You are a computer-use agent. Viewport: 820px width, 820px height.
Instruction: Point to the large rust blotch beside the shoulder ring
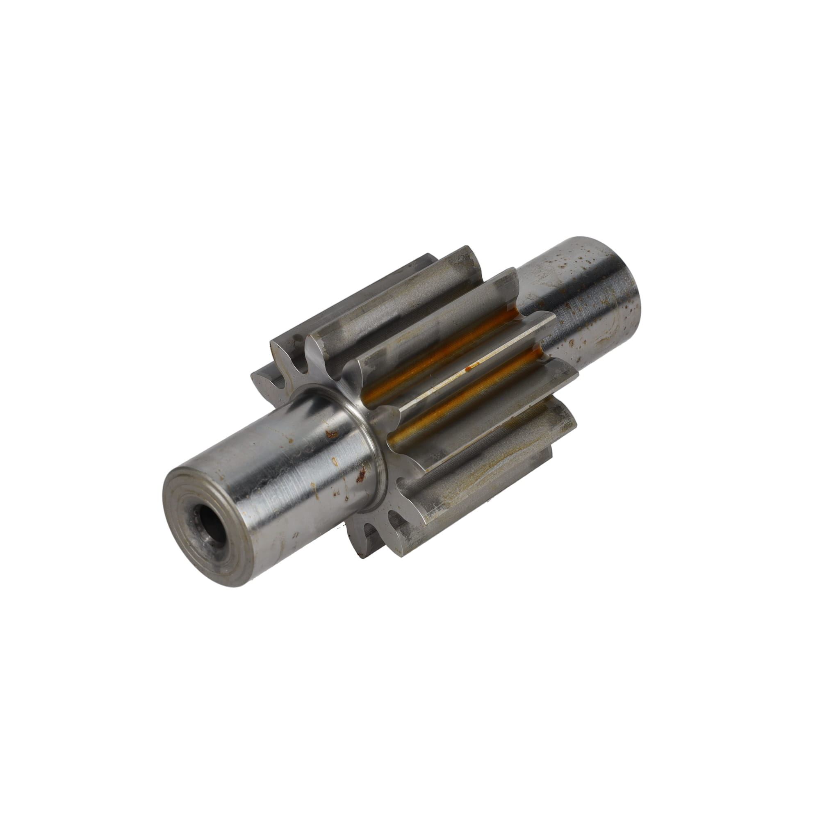[x=362, y=474]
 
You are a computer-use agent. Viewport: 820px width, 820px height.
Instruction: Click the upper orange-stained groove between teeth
[x=442, y=352]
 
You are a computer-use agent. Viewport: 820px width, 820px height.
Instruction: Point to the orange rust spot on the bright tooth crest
[x=469, y=369]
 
